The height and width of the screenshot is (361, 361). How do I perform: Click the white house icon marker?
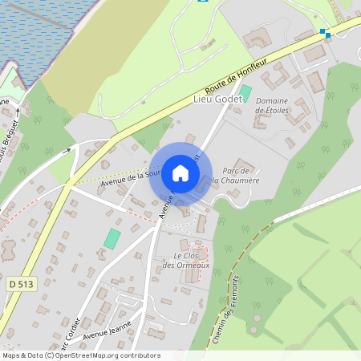(180, 173)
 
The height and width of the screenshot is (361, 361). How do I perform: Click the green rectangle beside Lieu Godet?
(246, 92)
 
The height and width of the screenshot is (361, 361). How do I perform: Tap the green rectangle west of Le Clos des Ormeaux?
(112, 238)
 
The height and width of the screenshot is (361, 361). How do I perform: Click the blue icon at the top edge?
(204, 1)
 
